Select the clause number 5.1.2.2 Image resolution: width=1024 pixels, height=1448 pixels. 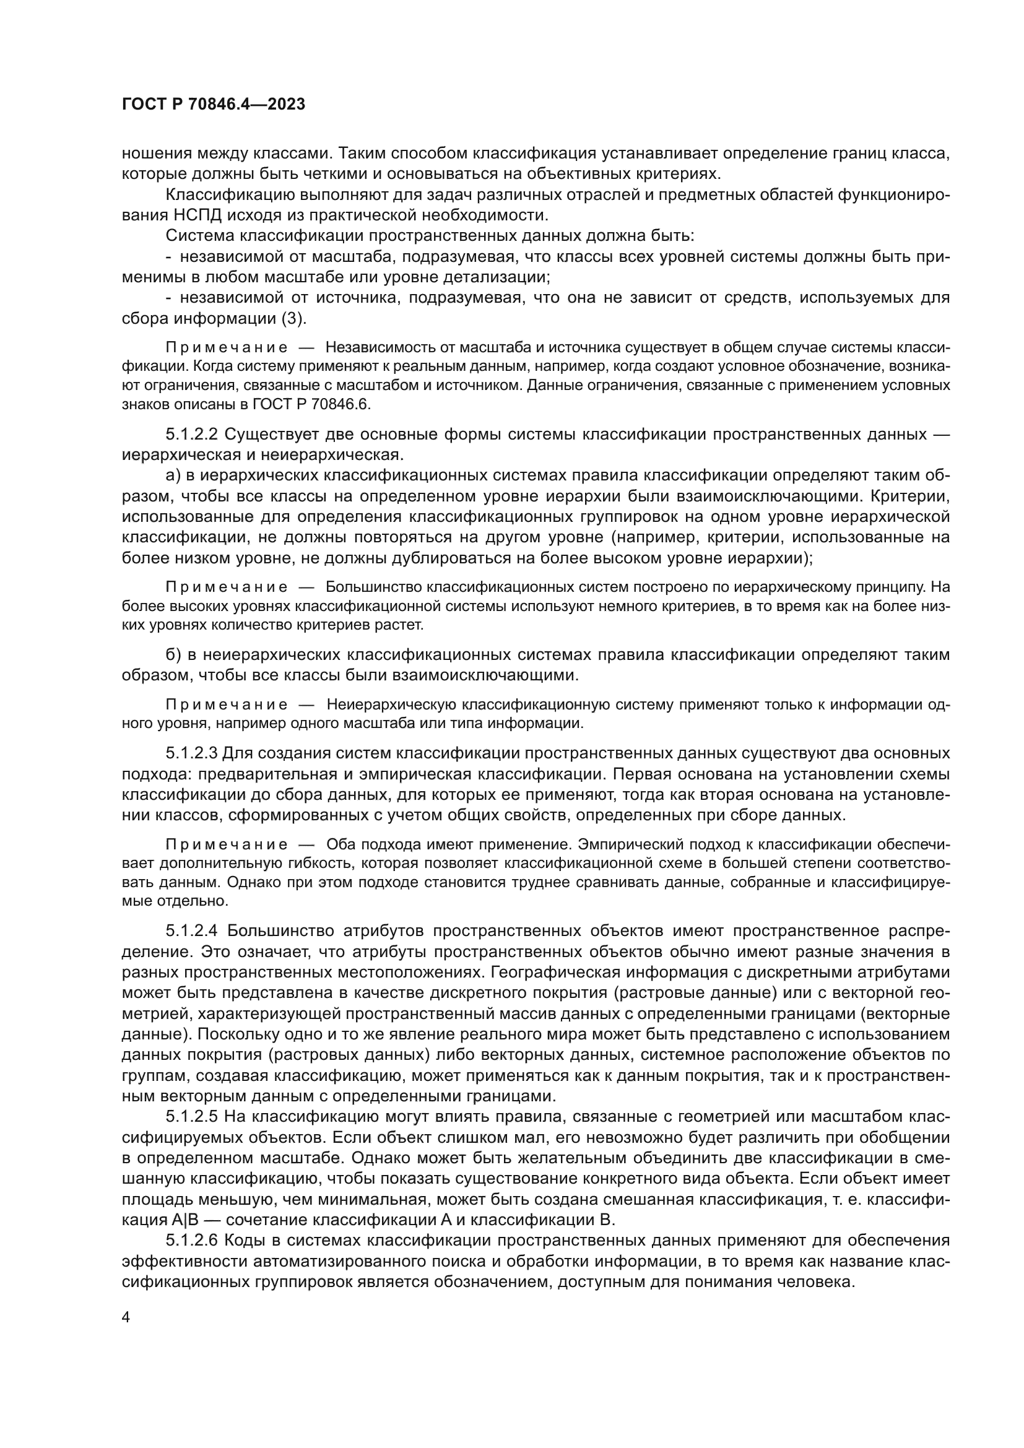191,434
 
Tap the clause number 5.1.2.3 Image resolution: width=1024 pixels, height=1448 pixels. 191,753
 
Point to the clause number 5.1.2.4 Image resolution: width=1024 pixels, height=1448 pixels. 191,931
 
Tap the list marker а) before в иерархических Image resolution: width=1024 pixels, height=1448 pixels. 173,475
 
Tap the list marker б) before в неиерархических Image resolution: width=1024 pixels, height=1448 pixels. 173,654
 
